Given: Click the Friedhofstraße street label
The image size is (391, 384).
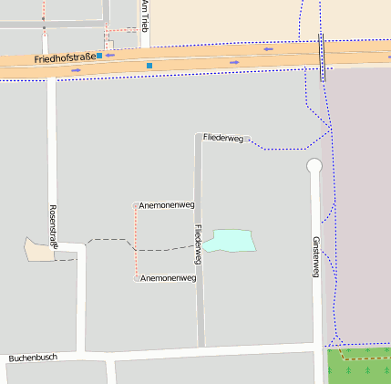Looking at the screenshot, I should tap(64, 58).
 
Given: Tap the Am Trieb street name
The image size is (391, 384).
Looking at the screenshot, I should tap(144, 16).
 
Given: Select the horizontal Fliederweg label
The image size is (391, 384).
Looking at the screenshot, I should tap(223, 138).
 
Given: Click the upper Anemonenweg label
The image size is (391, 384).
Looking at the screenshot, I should tap(167, 205).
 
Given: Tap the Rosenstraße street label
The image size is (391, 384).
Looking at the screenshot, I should tap(54, 227).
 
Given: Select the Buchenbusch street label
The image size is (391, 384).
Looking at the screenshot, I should tap(33, 358).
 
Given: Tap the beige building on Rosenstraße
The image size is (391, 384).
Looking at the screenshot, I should tap(38, 249).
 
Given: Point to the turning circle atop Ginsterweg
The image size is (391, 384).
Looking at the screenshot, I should tap(314, 166).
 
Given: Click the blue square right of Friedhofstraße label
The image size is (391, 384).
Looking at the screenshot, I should tap(98, 56).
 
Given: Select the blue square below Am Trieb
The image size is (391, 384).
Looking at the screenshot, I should tap(149, 66).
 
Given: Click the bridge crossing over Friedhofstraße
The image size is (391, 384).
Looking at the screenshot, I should tap(322, 57).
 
